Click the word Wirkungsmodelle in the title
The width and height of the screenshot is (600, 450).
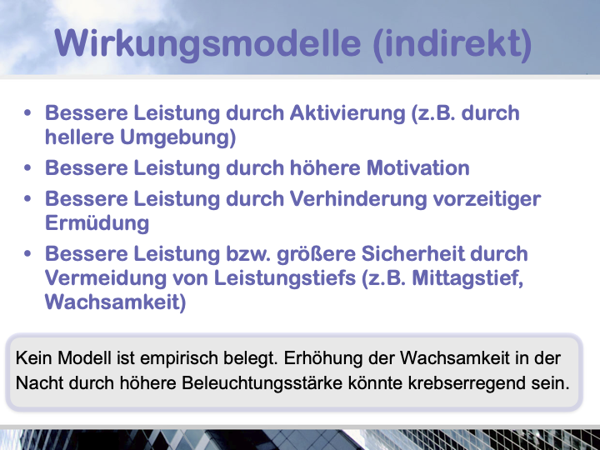point(207,44)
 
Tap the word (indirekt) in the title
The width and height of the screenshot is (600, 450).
point(452,44)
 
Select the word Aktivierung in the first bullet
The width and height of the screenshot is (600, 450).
point(347,113)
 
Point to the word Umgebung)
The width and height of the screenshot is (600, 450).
point(178,137)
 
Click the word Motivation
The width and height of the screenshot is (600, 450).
point(418,167)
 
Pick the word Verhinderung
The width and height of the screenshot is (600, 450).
point(357,199)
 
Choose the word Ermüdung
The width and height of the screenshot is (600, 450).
point(97,223)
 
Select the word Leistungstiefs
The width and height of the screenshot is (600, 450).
point(285,277)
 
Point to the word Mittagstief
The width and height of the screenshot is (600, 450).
point(467,278)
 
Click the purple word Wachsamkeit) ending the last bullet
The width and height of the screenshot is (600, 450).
point(116,302)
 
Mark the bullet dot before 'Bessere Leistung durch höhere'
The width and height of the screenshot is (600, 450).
point(27,168)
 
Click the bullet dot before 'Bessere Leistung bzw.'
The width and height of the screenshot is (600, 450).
point(27,253)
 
